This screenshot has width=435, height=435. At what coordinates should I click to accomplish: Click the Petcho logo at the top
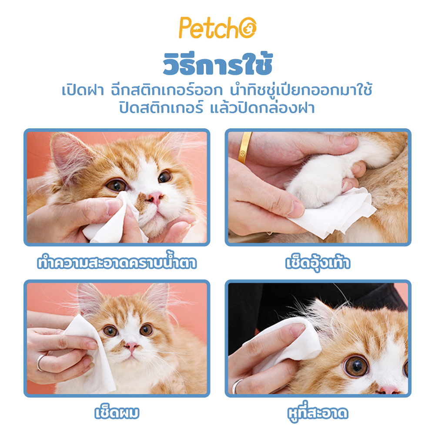click(217, 29)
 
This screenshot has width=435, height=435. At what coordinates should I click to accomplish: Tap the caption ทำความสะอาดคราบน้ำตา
click(117, 263)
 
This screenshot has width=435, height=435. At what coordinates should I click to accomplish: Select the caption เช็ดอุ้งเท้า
click(318, 263)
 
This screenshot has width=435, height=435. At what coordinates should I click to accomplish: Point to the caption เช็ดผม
click(117, 412)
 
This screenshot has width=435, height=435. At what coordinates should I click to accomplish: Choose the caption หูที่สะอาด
click(318, 412)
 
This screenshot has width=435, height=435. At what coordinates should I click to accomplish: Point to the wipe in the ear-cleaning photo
click(287, 344)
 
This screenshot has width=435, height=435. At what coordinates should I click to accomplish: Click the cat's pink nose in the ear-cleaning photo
click(387, 389)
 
